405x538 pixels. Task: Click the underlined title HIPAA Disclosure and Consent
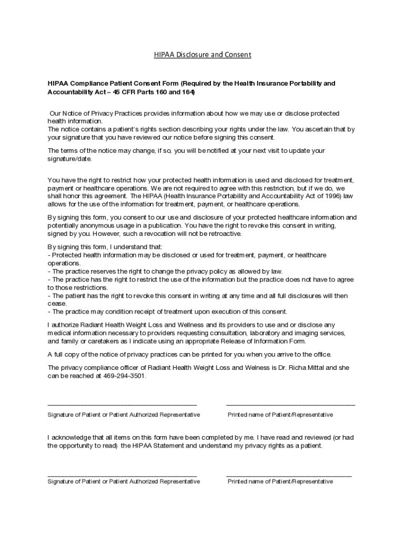(202, 55)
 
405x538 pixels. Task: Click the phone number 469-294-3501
(124, 376)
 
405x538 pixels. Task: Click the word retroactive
(221, 234)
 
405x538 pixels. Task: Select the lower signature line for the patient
(122, 475)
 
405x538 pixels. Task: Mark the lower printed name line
(289, 475)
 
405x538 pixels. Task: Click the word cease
(57, 303)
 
